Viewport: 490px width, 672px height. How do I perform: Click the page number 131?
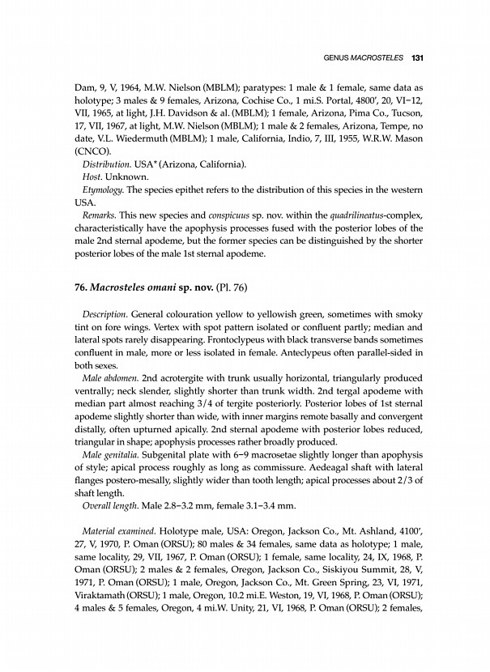(418, 58)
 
